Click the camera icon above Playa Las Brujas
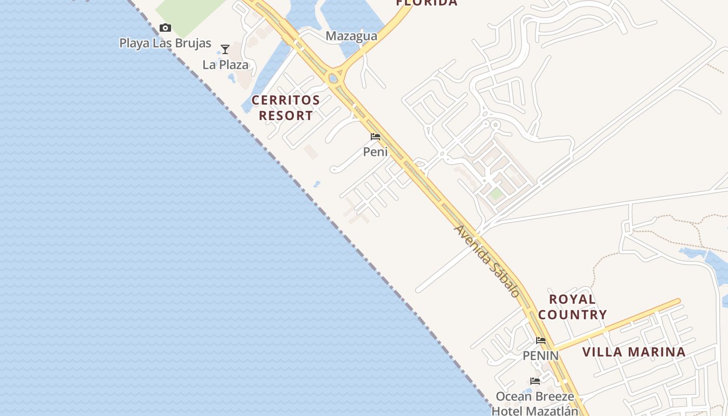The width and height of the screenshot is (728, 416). point(165,28)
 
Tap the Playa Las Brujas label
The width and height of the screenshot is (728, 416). point(165,43)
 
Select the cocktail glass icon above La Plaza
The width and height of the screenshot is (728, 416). point(225,50)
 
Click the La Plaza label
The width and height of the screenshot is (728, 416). point(226,65)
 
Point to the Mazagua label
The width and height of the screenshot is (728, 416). point(352,36)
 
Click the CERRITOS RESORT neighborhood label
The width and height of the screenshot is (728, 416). point(286,108)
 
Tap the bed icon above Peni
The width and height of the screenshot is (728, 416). point(375,137)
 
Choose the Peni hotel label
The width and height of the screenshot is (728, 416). point(375,152)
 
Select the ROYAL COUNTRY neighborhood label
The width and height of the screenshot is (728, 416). point(573,307)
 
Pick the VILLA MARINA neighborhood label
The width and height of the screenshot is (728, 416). point(634,352)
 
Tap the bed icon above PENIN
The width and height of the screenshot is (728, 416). point(541,341)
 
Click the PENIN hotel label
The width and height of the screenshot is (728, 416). point(541,356)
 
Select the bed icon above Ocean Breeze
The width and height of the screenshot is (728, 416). point(535,382)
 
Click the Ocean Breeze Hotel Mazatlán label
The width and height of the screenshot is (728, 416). point(535,403)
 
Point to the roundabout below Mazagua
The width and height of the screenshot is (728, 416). point(333,79)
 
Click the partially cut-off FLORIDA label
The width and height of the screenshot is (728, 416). point(427,3)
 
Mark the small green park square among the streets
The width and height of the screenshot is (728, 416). point(496,194)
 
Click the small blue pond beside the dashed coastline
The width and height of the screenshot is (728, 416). point(316,184)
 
